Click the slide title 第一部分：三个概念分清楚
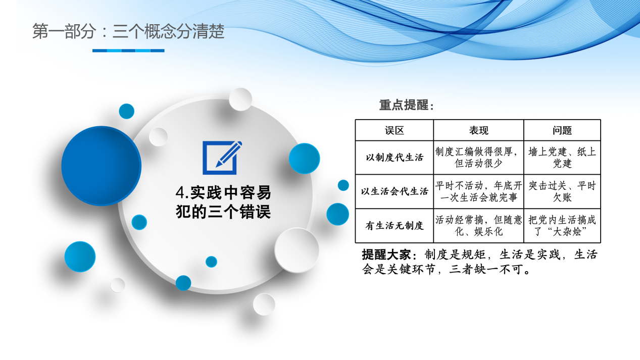coord(128,32)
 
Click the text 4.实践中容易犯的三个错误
coord(223,202)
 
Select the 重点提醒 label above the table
coord(407,105)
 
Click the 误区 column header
coord(394,130)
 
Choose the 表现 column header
coord(478,130)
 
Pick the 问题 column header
coord(562,130)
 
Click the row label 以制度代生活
coord(394,157)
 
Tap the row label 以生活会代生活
coord(394,191)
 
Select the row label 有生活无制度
coord(394,226)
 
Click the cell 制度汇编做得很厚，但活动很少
coord(478,157)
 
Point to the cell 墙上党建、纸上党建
coord(562,157)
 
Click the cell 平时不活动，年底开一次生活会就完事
coord(478,191)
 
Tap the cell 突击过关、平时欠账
coord(562,191)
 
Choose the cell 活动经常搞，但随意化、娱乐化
coord(478,226)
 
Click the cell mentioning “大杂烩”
coord(562,226)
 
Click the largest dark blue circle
coord(101,166)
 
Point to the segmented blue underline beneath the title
coord(128,50)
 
